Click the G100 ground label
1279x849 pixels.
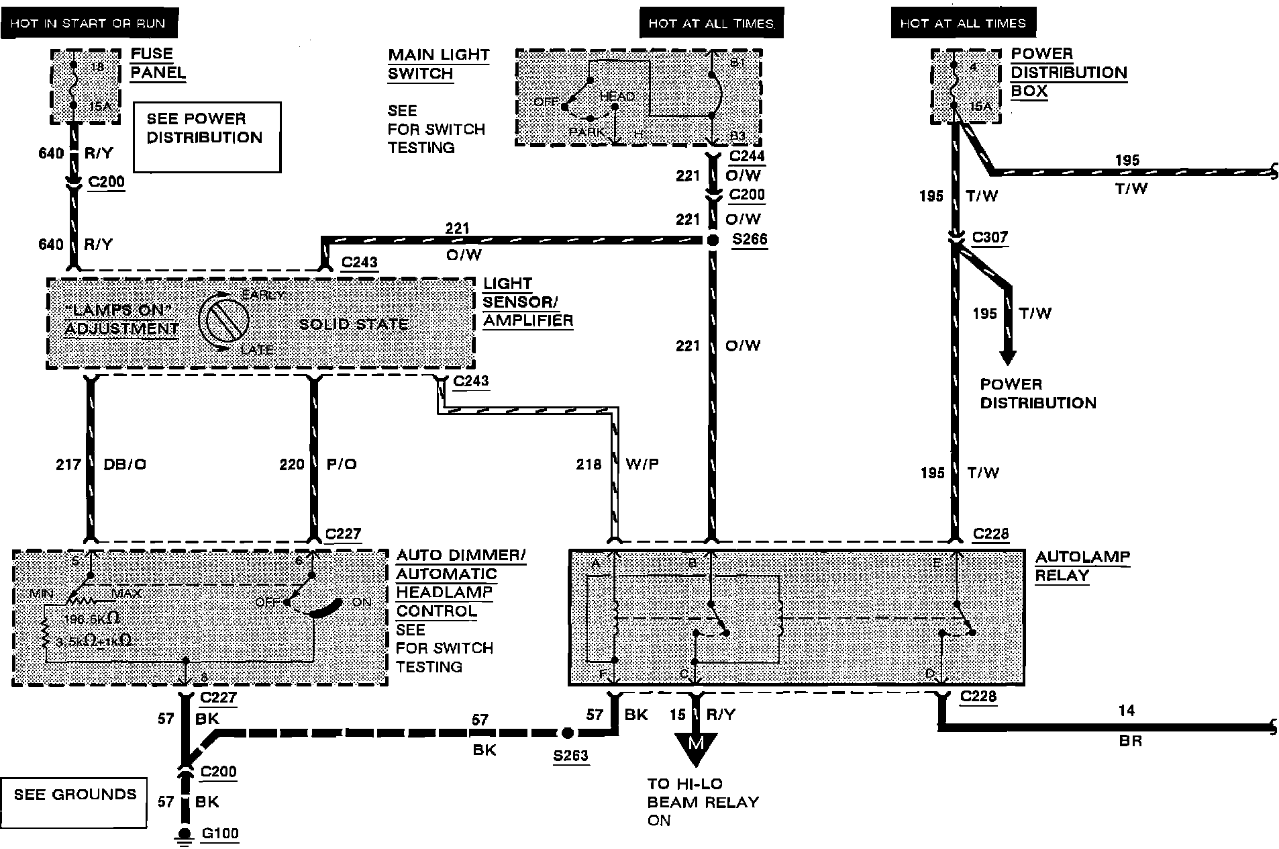220,834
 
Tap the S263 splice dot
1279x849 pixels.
567,733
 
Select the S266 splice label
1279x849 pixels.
749,240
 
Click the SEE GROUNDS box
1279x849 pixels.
74,803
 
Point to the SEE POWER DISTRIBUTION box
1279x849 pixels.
207,137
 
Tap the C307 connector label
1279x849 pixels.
990,237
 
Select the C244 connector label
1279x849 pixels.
747,157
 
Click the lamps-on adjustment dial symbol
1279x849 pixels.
223,322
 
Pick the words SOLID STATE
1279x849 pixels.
354,324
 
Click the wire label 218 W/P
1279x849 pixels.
617,464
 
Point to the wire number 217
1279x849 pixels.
68,464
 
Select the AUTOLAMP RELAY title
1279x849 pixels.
1082,566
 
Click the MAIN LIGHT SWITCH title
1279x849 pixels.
438,64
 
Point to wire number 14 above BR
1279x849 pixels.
1126,711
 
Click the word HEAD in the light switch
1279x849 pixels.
617,97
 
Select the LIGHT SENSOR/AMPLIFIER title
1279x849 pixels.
528,302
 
